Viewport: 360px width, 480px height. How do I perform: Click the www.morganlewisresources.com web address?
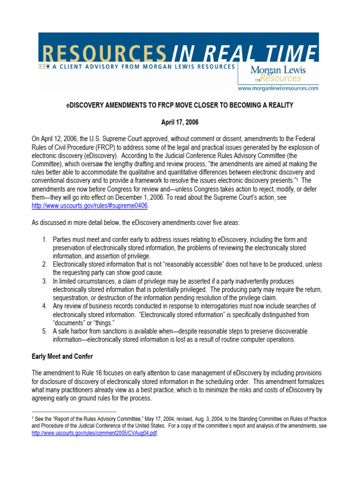coord(278,88)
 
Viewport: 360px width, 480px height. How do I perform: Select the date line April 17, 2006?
coord(180,122)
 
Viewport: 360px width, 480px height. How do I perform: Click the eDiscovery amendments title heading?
coord(180,105)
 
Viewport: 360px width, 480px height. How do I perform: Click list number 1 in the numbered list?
coord(45,240)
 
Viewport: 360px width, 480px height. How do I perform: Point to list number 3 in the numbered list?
coord(45,281)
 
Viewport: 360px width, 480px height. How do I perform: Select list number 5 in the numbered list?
coord(45,331)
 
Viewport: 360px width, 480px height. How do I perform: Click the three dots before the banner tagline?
coord(44,67)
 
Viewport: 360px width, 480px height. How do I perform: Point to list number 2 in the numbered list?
coord(45,264)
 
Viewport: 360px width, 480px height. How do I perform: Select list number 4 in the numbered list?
coord(45,306)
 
